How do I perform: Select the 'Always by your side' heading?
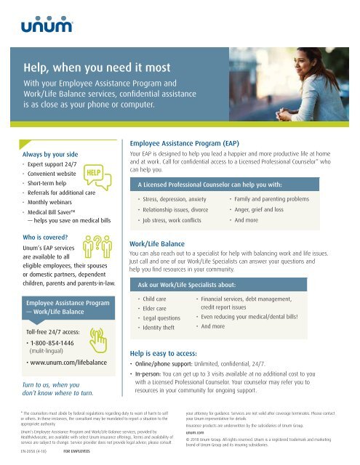point(50,154)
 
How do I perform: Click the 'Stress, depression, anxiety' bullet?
point(175,198)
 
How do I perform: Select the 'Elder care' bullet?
point(156,318)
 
